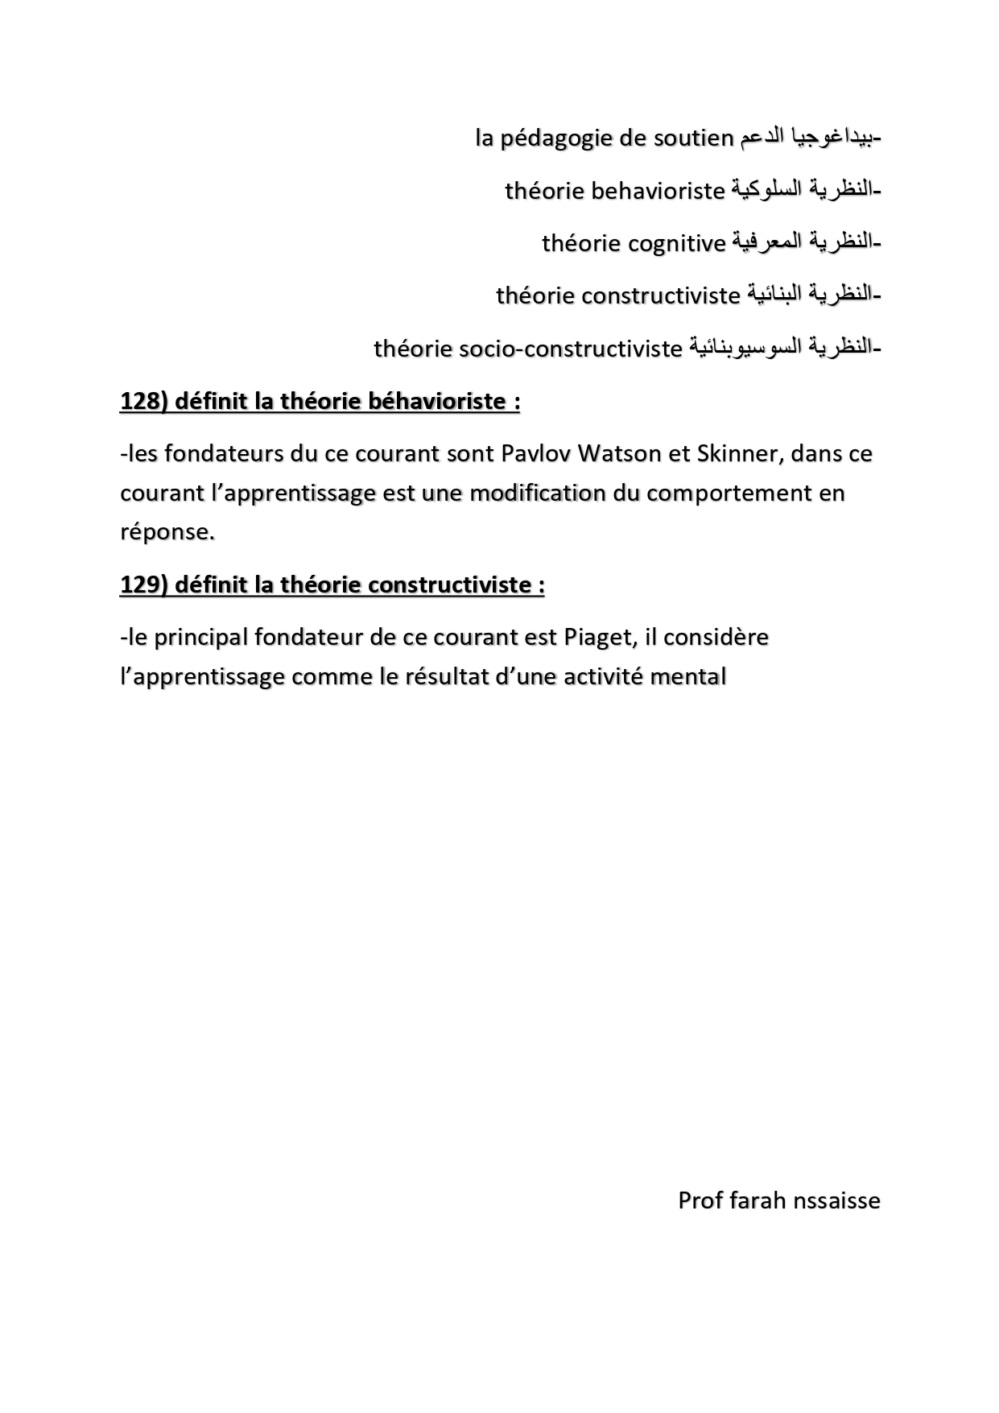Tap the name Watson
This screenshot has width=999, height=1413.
coord(620,453)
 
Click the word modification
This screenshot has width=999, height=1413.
coord(537,493)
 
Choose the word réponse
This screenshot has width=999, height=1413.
coord(166,532)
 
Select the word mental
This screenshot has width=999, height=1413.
coord(687,676)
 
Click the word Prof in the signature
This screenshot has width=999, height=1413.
coord(700,1200)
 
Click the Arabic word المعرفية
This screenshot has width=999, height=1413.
coord(768,242)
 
